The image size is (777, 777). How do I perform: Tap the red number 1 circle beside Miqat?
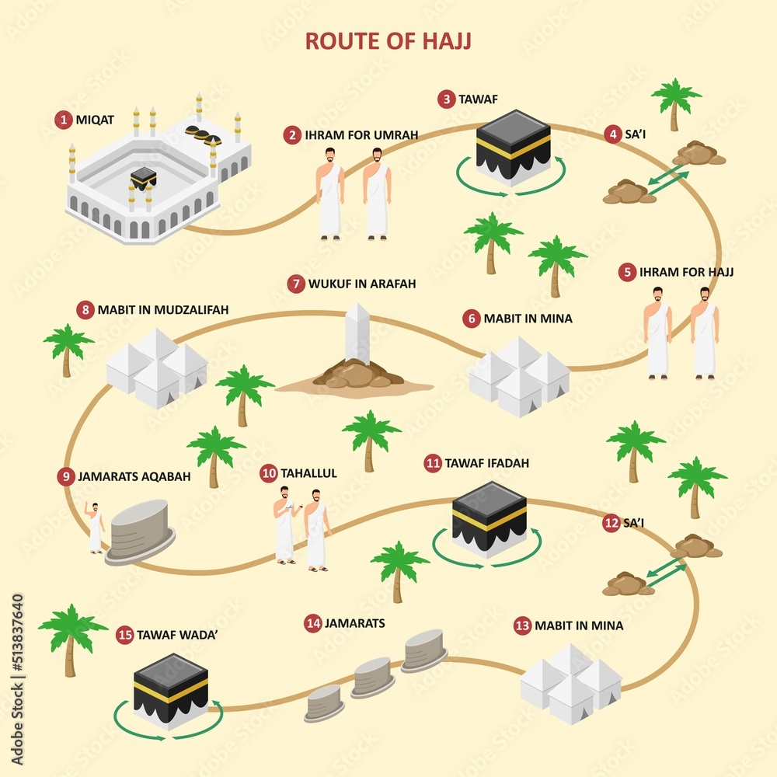[62, 120]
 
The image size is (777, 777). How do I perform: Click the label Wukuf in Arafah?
[361, 284]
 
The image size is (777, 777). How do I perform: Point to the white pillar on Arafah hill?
[357, 334]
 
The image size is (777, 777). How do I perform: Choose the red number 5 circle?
[627, 273]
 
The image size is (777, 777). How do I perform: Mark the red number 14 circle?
[312, 623]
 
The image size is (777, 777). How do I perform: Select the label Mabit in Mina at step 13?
[578, 625]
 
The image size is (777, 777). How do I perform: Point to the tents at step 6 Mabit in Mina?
[518, 376]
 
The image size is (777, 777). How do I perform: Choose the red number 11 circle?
[433, 463]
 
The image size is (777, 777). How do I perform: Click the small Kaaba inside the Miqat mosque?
[143, 178]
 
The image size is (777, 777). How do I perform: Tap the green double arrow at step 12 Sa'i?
[667, 575]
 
